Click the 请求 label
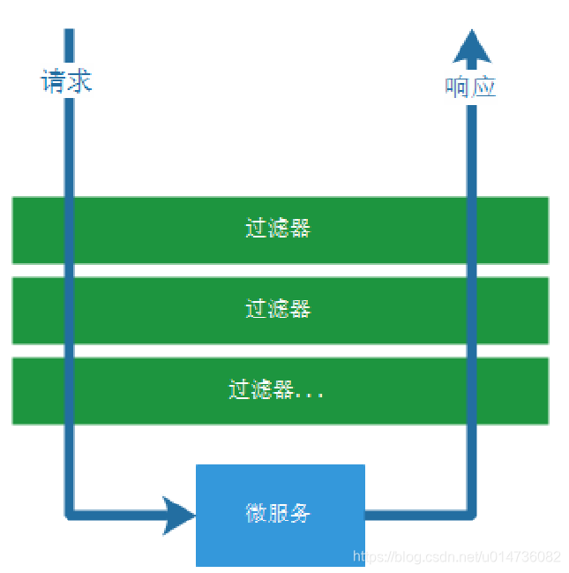(66, 82)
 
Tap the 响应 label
(470, 87)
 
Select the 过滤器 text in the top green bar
(278, 229)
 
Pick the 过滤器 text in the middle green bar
(278, 309)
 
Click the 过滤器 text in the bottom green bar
(261, 389)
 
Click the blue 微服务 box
(280, 515)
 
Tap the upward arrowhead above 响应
(472, 47)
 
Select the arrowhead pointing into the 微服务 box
(179, 514)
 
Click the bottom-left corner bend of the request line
(71, 512)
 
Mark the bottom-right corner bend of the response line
(471, 511)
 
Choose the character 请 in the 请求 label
(53, 82)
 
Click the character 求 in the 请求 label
(79, 82)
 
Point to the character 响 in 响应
(457, 87)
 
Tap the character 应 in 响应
(483, 87)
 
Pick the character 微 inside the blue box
(256, 513)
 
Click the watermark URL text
(456, 557)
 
